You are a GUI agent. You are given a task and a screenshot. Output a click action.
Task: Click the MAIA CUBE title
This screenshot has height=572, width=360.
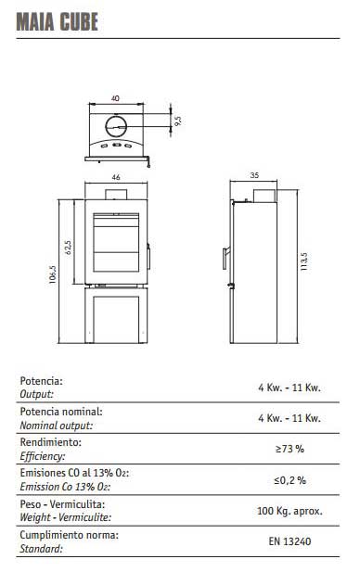point(58,21)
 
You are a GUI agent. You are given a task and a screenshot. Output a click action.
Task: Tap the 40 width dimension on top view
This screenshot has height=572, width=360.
point(115,98)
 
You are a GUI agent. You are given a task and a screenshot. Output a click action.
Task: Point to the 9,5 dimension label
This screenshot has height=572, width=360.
point(178,121)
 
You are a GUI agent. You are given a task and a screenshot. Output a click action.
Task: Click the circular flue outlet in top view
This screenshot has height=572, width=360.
point(116,126)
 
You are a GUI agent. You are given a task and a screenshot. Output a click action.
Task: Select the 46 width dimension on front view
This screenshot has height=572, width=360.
point(116,177)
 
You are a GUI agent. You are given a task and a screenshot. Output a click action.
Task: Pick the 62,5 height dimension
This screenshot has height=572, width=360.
point(68,247)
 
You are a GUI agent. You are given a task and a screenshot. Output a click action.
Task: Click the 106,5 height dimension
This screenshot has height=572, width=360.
point(53,274)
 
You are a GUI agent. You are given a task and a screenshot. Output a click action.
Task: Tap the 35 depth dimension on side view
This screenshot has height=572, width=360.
point(254,175)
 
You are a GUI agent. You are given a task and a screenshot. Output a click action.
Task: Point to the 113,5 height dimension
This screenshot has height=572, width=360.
point(303,261)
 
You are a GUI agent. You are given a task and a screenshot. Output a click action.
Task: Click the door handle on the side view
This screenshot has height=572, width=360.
point(226,258)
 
